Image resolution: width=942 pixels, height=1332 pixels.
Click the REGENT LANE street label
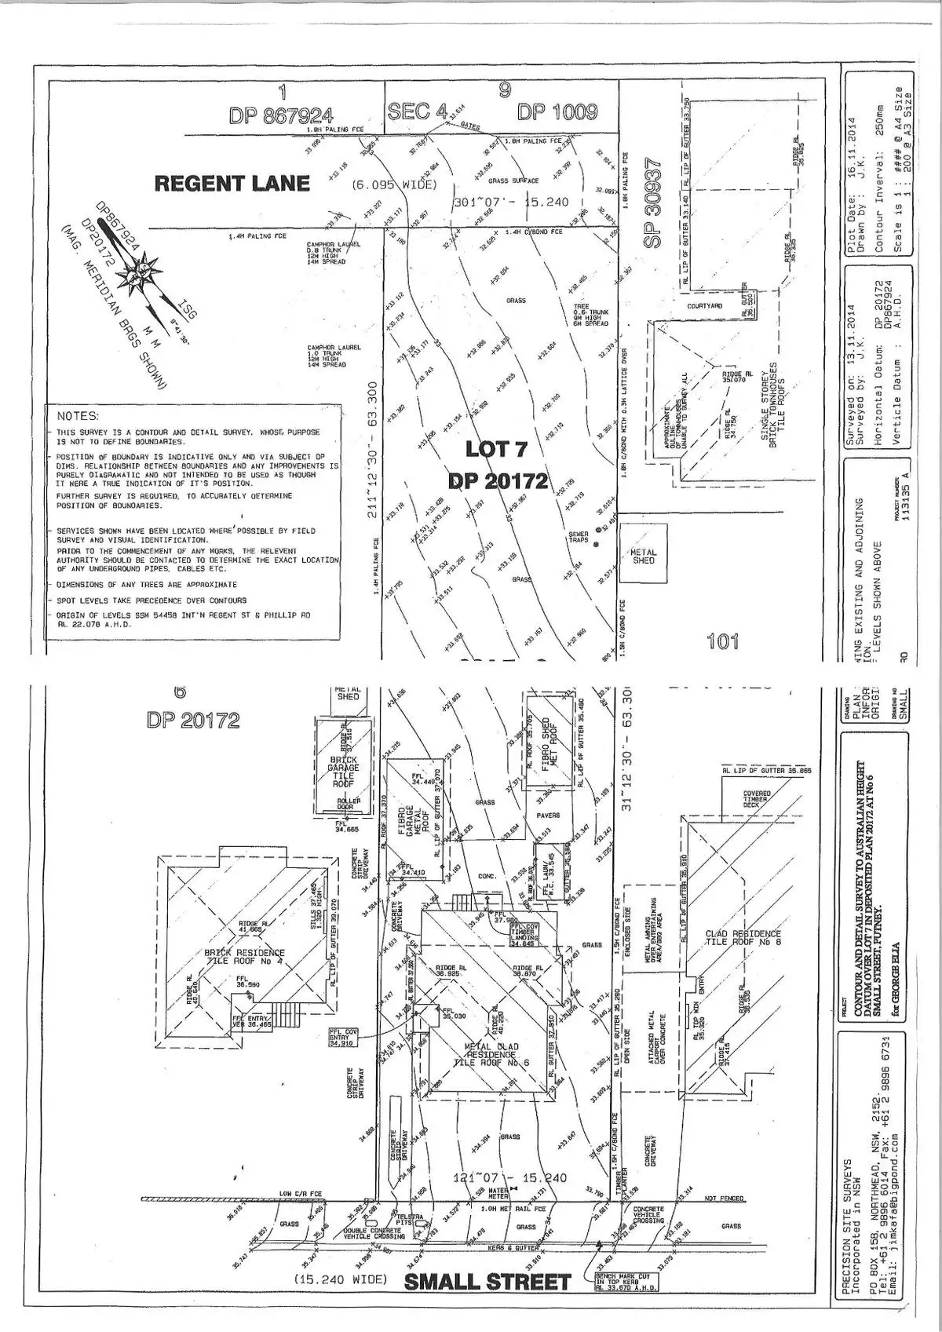point(232,184)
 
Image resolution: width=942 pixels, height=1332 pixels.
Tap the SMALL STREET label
point(487,1283)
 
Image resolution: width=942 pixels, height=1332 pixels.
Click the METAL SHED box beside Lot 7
point(644,557)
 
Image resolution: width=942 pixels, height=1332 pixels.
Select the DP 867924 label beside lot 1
point(281,115)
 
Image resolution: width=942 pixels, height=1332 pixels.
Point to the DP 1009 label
point(557,112)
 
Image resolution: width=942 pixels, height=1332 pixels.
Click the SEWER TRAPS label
point(578,538)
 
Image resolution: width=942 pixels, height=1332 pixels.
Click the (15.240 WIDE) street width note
point(341,1280)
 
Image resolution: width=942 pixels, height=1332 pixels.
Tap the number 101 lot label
point(722,642)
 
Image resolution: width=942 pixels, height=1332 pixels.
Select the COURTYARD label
point(705,305)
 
